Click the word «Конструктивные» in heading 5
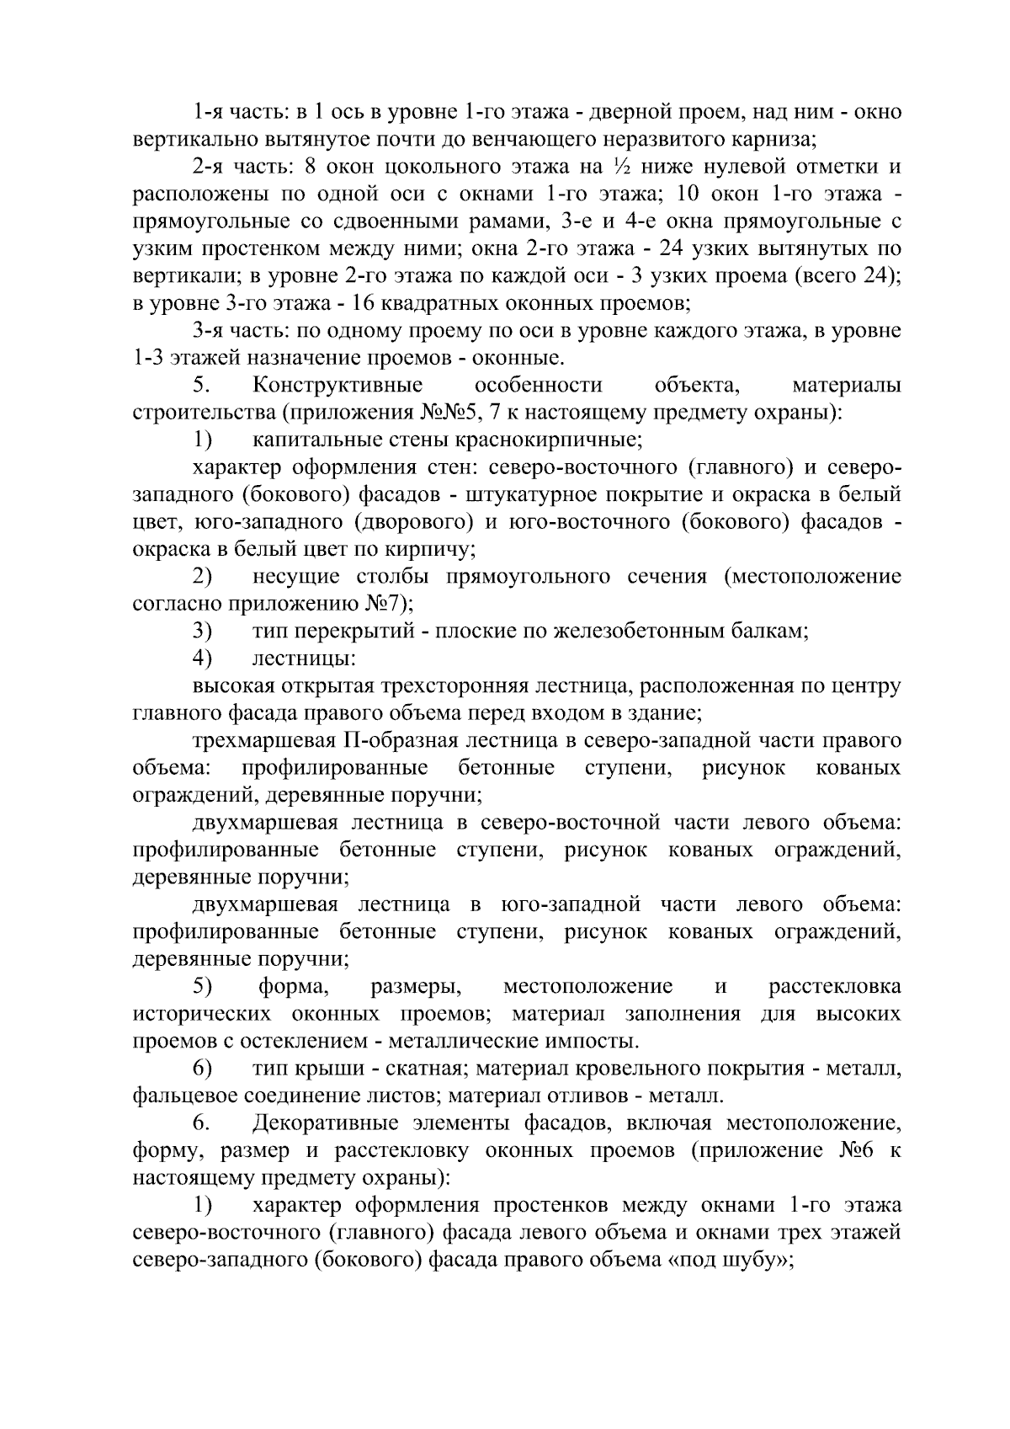[337, 386]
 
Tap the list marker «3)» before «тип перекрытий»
[202, 631]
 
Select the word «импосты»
[589, 1042]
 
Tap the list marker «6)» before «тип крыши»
[202, 1069]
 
